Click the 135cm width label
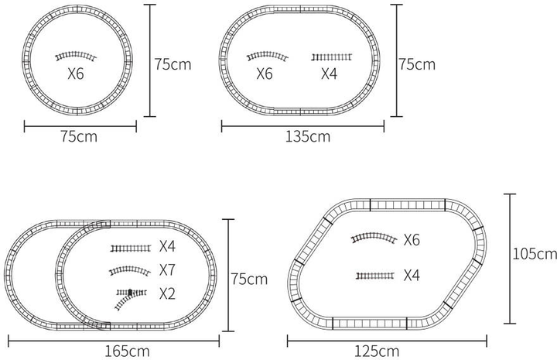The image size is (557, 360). (x=308, y=136)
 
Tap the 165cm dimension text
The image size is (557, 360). (x=127, y=351)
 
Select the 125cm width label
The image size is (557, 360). (x=377, y=351)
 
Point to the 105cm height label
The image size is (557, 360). (x=535, y=254)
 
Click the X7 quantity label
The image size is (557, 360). (x=167, y=270)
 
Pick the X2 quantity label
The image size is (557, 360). (x=167, y=293)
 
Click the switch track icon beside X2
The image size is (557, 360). (x=131, y=299)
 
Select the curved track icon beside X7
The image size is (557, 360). (x=130, y=271)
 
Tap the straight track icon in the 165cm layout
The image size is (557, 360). (x=131, y=248)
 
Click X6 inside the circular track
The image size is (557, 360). (x=76, y=74)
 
